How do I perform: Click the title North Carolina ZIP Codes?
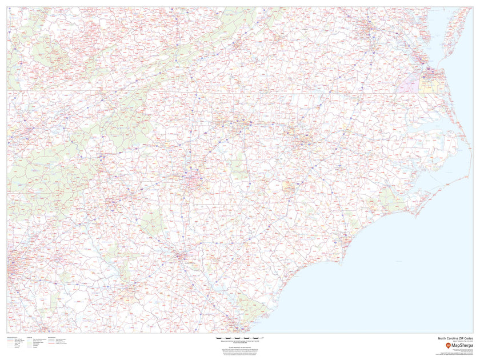point(452,338)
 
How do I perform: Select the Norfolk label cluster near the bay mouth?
point(430,73)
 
